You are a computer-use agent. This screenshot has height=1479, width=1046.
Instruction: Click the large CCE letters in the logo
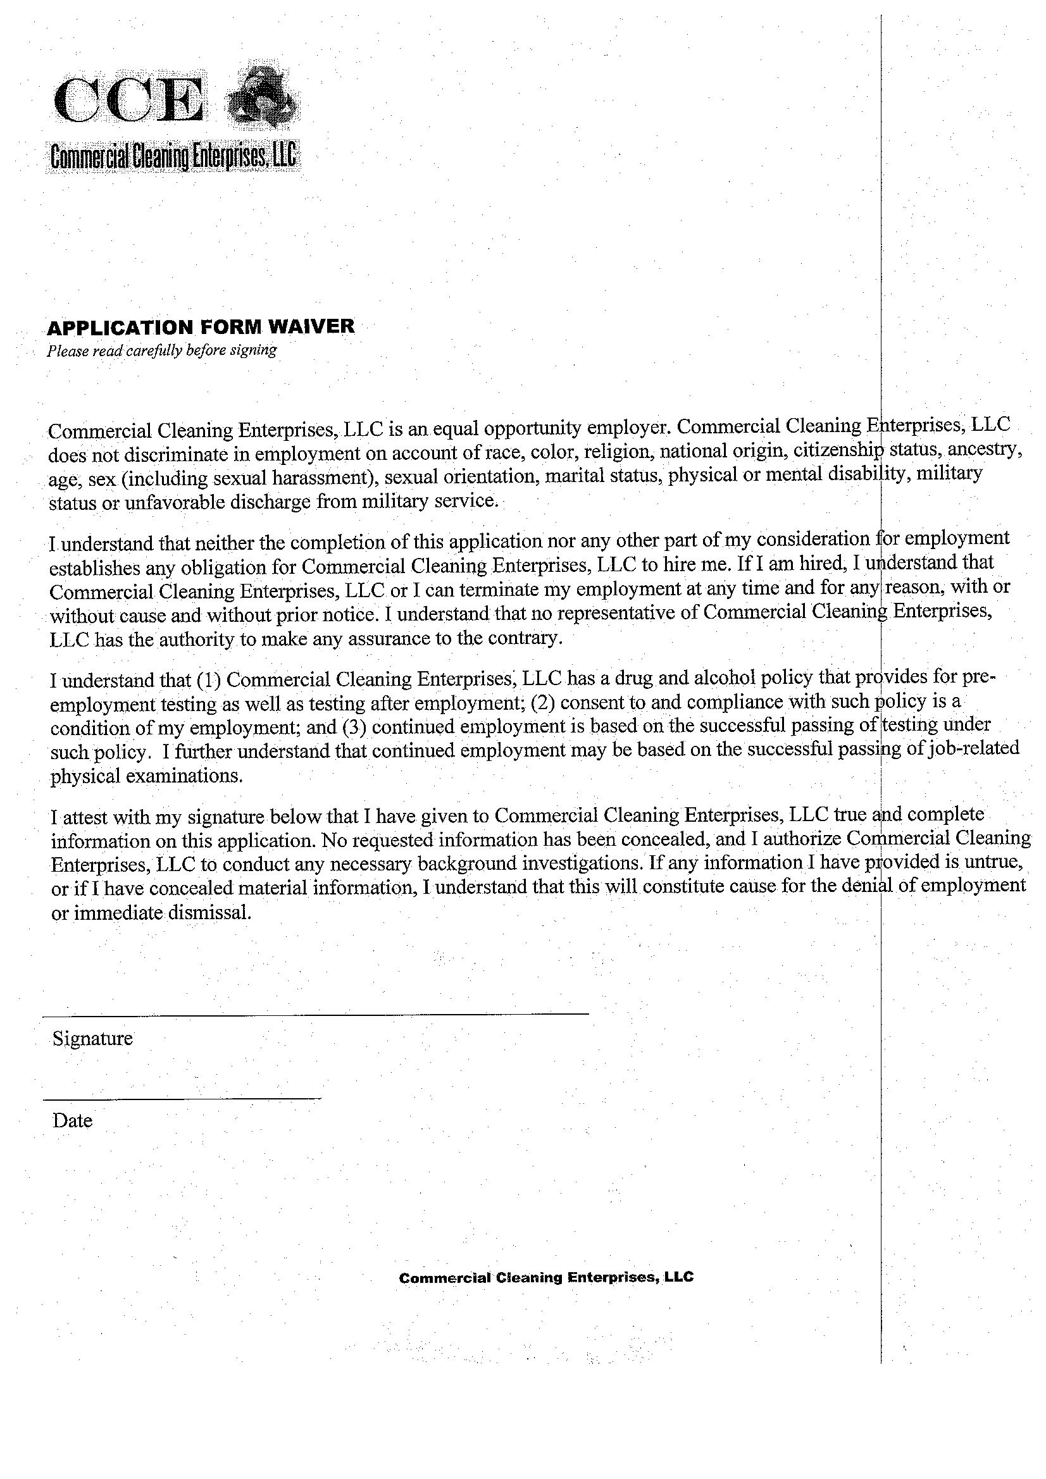coord(130,101)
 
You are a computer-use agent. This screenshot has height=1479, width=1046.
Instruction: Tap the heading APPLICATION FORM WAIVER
coord(201,326)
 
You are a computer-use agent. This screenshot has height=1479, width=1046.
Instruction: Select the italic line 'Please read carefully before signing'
coord(161,350)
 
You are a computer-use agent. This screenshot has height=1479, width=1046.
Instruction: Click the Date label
coord(72,1121)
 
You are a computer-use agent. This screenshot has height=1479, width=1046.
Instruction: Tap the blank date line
coord(182,1098)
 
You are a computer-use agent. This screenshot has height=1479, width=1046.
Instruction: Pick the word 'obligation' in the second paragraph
coord(199,567)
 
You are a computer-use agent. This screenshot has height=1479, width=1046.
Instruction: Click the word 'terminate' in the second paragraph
coord(480,589)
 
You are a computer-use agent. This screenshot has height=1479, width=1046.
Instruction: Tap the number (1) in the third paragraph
coord(209,679)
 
